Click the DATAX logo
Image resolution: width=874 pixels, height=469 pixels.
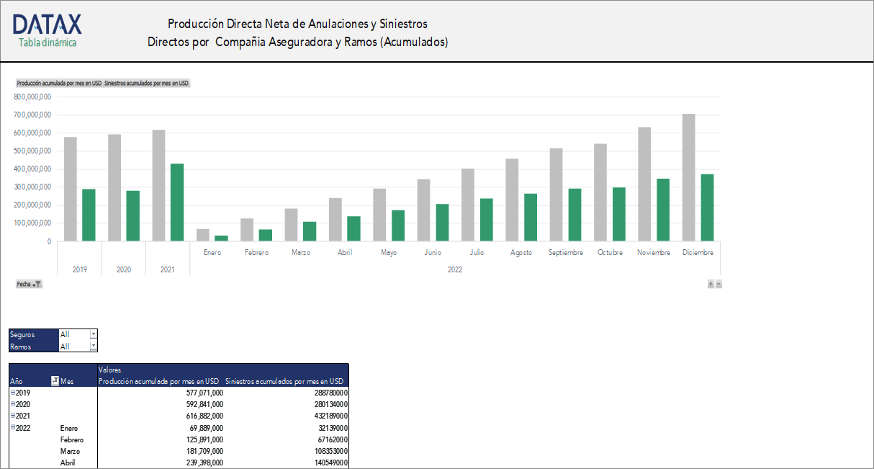(47, 24)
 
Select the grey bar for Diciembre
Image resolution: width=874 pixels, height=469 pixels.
(689, 177)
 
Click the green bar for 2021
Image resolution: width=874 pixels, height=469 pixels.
(177, 202)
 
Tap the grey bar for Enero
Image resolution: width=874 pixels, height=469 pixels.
(203, 235)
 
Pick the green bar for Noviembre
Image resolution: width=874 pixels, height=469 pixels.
(663, 210)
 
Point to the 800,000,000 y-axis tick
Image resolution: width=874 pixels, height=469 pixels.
(32, 97)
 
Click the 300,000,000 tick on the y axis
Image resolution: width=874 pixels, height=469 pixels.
(32, 187)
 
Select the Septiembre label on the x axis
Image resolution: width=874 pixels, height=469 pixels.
(565, 253)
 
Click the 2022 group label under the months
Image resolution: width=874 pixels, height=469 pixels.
(455, 270)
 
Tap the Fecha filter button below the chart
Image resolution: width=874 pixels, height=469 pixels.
(29, 285)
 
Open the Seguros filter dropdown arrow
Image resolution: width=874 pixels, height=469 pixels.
(93, 334)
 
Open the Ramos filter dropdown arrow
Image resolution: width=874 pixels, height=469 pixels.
(93, 346)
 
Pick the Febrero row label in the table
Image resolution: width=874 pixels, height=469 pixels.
(72, 439)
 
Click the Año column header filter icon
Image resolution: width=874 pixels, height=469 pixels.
(55, 381)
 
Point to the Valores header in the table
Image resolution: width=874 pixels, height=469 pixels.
(109, 370)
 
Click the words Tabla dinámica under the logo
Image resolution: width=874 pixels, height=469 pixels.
(48, 43)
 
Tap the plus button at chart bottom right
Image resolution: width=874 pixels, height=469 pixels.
(711, 285)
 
